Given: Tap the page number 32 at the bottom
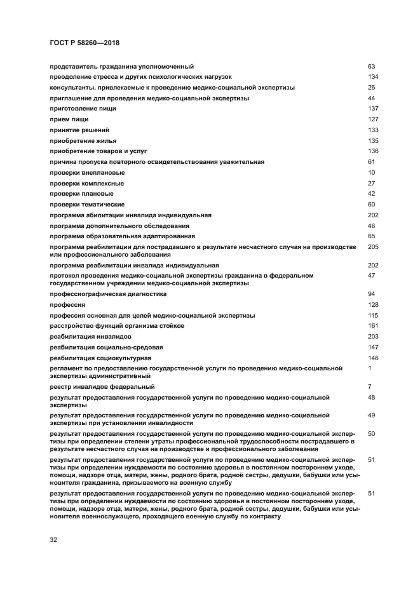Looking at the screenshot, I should pos(53,539).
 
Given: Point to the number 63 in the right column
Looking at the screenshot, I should pos(372,66).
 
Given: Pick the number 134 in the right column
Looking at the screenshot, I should pos(373,77).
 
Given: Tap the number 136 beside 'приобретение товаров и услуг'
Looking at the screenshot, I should pos(373,151).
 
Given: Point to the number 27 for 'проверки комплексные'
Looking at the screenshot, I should pos(372,184).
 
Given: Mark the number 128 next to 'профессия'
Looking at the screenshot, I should pos(373,305).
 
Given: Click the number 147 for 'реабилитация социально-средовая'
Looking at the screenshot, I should pos(373,347).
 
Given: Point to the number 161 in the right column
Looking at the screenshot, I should pos(373,326).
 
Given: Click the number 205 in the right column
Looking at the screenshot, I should pos(373,246).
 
